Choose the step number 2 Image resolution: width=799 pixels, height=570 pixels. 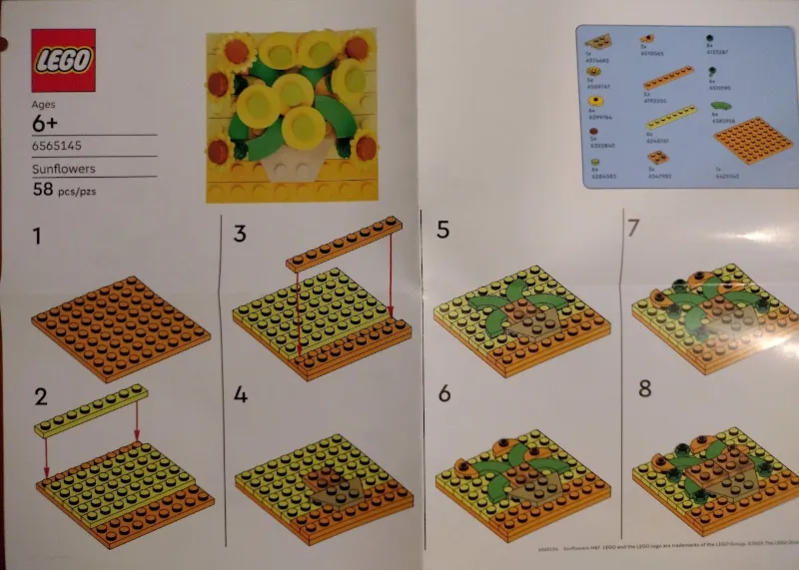[40, 396]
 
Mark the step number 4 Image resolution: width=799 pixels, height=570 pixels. [241, 394]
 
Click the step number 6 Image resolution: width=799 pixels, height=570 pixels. [444, 394]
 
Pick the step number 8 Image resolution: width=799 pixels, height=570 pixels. [644, 387]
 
